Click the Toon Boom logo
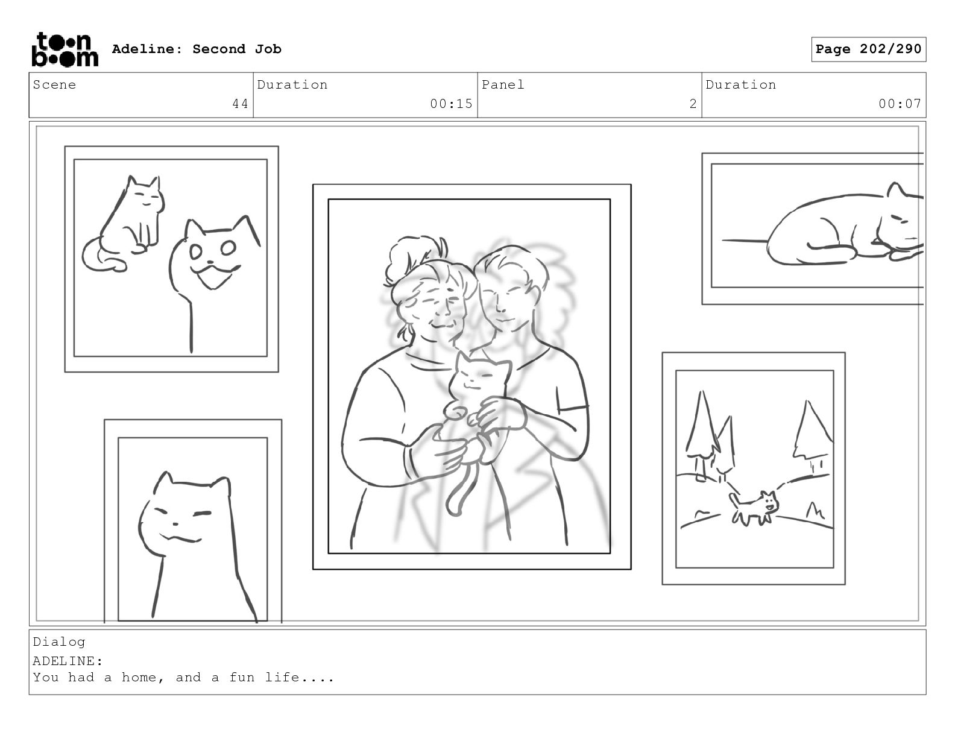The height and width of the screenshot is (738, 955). [65, 49]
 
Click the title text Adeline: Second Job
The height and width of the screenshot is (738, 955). [197, 49]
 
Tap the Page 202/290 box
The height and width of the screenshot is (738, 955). [868, 49]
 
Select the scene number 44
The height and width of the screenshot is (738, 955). [240, 104]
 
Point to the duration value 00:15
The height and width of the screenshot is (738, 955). [451, 104]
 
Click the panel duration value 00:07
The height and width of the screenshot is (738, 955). [900, 104]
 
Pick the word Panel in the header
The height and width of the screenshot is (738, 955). [503, 84]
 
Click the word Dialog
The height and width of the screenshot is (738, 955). [59, 642]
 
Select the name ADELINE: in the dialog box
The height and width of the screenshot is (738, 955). [68, 661]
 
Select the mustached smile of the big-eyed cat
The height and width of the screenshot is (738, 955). [215, 275]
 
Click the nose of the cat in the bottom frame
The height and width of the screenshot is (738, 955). [175, 524]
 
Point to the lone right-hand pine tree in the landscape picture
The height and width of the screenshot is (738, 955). [812, 433]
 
